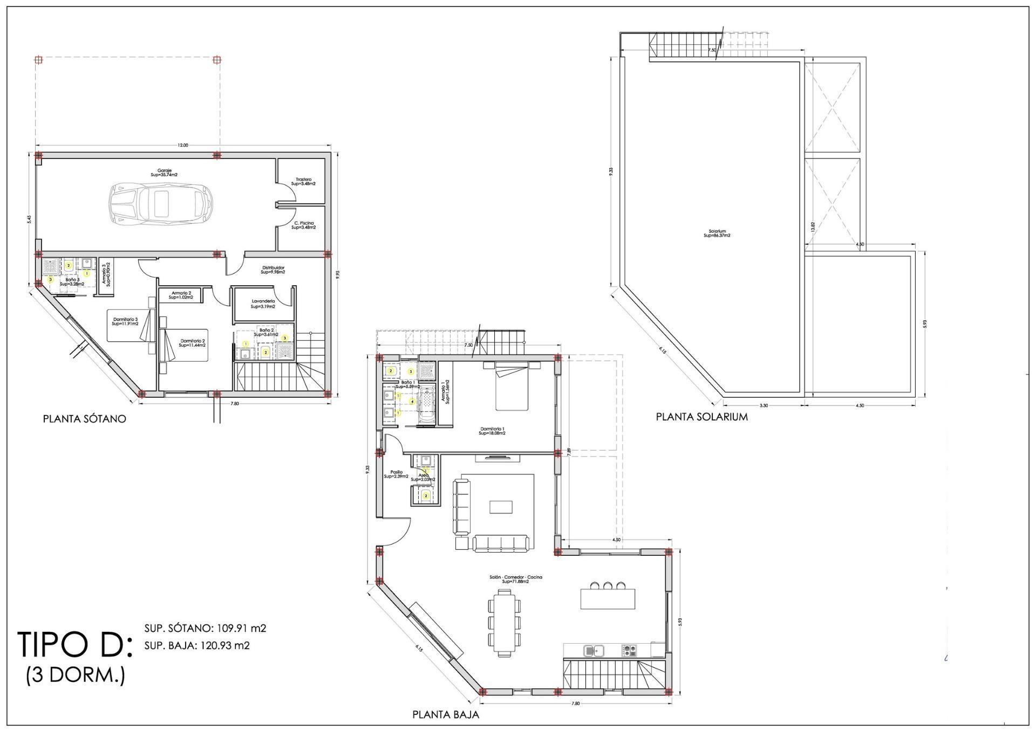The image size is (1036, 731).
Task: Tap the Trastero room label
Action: click(x=303, y=182)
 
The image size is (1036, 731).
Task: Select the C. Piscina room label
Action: click(x=304, y=225)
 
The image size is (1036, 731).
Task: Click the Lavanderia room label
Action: click(x=263, y=304)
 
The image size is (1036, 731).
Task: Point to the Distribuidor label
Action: click(x=273, y=270)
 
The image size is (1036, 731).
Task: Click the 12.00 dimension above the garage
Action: click(x=183, y=145)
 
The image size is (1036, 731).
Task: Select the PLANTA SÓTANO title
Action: click(x=85, y=418)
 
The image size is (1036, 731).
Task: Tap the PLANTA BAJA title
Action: click(x=446, y=715)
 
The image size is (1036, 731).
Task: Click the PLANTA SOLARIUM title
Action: click(x=701, y=417)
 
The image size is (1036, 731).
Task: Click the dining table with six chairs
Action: click(x=505, y=623)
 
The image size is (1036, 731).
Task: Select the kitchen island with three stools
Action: click(x=607, y=598)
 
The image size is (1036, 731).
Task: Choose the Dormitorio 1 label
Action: click(x=492, y=431)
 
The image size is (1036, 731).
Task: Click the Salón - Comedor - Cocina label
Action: click(x=515, y=579)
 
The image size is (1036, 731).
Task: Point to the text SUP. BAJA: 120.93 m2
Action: click(x=197, y=645)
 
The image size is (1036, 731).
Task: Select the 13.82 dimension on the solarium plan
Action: click(x=813, y=225)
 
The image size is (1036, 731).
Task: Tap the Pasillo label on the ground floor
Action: click(x=396, y=474)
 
